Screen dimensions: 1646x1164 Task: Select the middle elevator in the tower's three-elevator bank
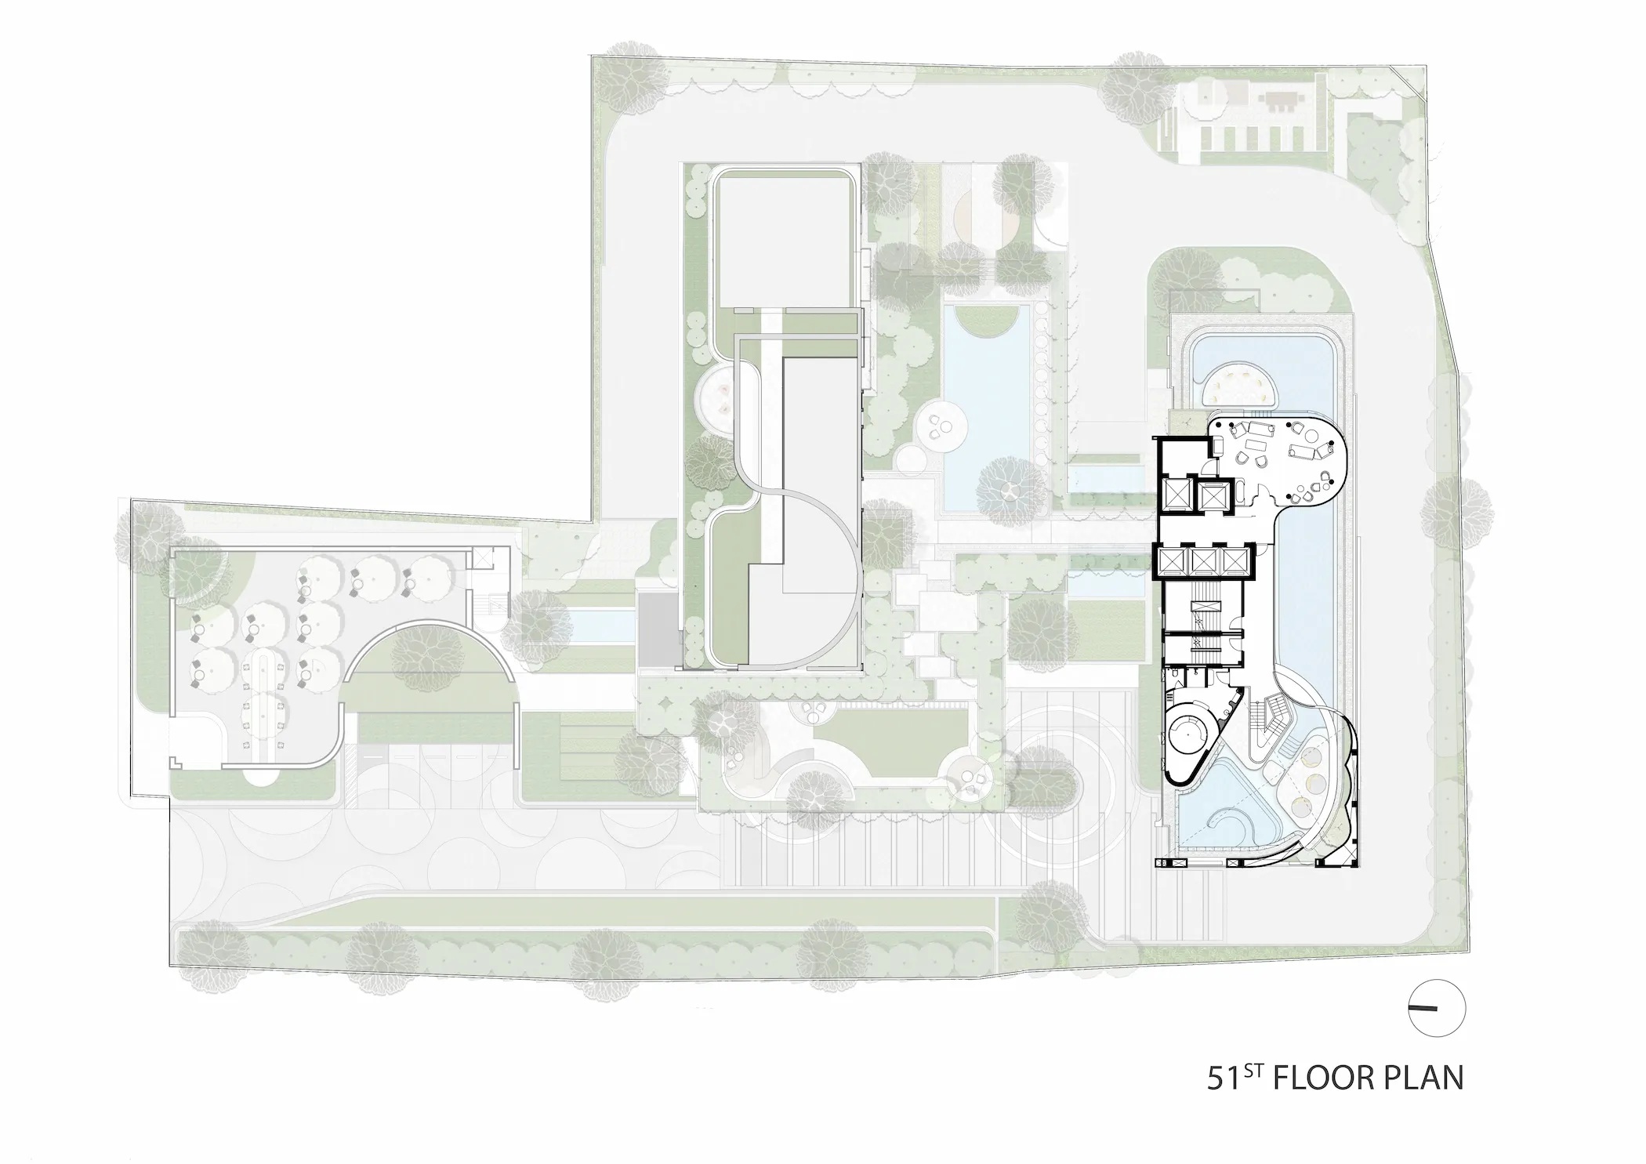click(1201, 560)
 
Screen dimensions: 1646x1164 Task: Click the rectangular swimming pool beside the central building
click(987, 408)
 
